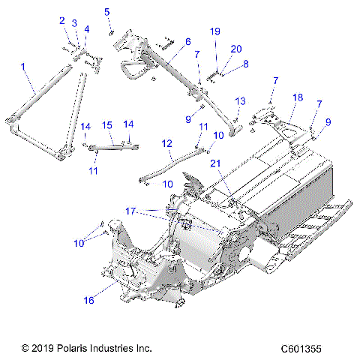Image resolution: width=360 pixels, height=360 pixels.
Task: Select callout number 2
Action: point(62,20)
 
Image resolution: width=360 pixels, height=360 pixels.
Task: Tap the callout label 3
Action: point(74,24)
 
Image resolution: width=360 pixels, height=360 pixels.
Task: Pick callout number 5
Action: point(107,11)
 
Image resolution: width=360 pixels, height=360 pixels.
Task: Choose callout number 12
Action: point(166,142)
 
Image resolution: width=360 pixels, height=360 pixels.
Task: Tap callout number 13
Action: point(241,100)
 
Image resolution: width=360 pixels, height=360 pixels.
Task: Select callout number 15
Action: point(107,125)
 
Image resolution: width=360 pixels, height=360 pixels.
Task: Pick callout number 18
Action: point(297,97)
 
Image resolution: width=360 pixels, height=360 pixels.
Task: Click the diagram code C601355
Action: point(307,349)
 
